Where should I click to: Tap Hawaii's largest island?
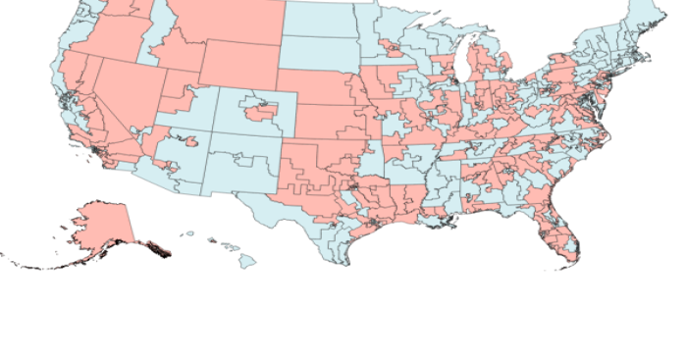pyautogui.click(x=248, y=261)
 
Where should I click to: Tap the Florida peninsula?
pyautogui.click(x=561, y=231)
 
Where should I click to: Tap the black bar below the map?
pyautogui.click(x=343, y=332)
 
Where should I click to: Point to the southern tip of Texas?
pyautogui.click(x=339, y=260)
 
